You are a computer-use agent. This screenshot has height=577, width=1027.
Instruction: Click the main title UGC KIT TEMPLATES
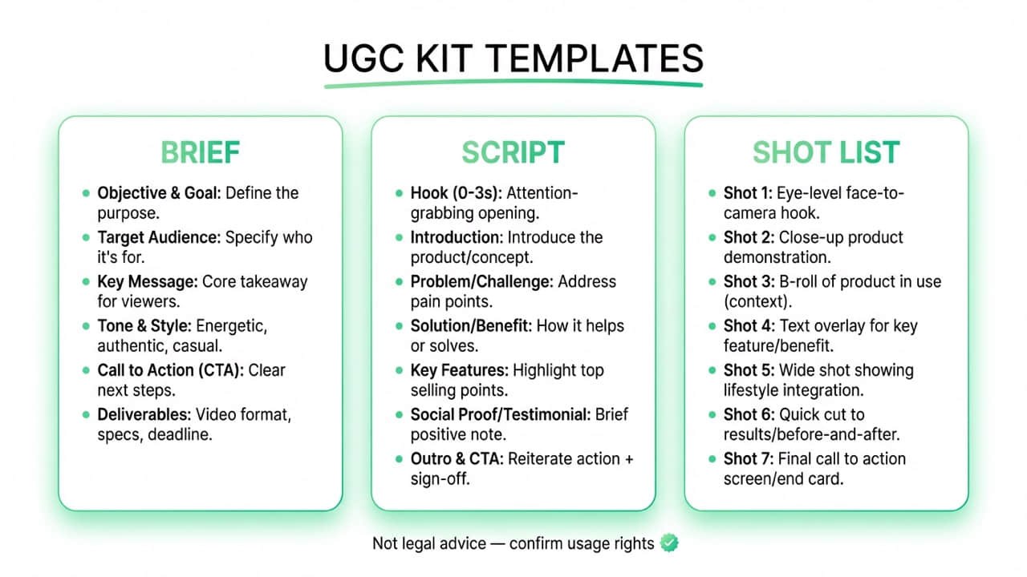pyautogui.click(x=513, y=59)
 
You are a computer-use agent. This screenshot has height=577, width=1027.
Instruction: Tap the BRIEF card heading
pyautogui.click(x=200, y=152)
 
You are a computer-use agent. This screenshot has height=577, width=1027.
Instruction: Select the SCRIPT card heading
pyautogui.click(x=513, y=152)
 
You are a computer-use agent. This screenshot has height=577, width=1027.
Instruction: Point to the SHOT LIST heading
pyautogui.click(x=826, y=152)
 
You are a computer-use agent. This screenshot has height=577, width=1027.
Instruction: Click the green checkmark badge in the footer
pyautogui.click(x=669, y=543)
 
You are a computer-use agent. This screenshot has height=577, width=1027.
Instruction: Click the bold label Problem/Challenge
pyautogui.click(x=481, y=281)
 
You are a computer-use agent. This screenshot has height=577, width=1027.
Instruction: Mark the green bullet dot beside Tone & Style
pyautogui.click(x=87, y=326)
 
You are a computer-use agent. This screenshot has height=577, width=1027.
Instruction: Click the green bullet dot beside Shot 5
pyautogui.click(x=712, y=370)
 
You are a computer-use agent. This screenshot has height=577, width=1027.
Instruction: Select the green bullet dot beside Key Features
pyautogui.click(x=400, y=370)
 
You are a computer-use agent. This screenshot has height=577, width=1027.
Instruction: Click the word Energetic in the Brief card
pyautogui.click(x=230, y=326)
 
